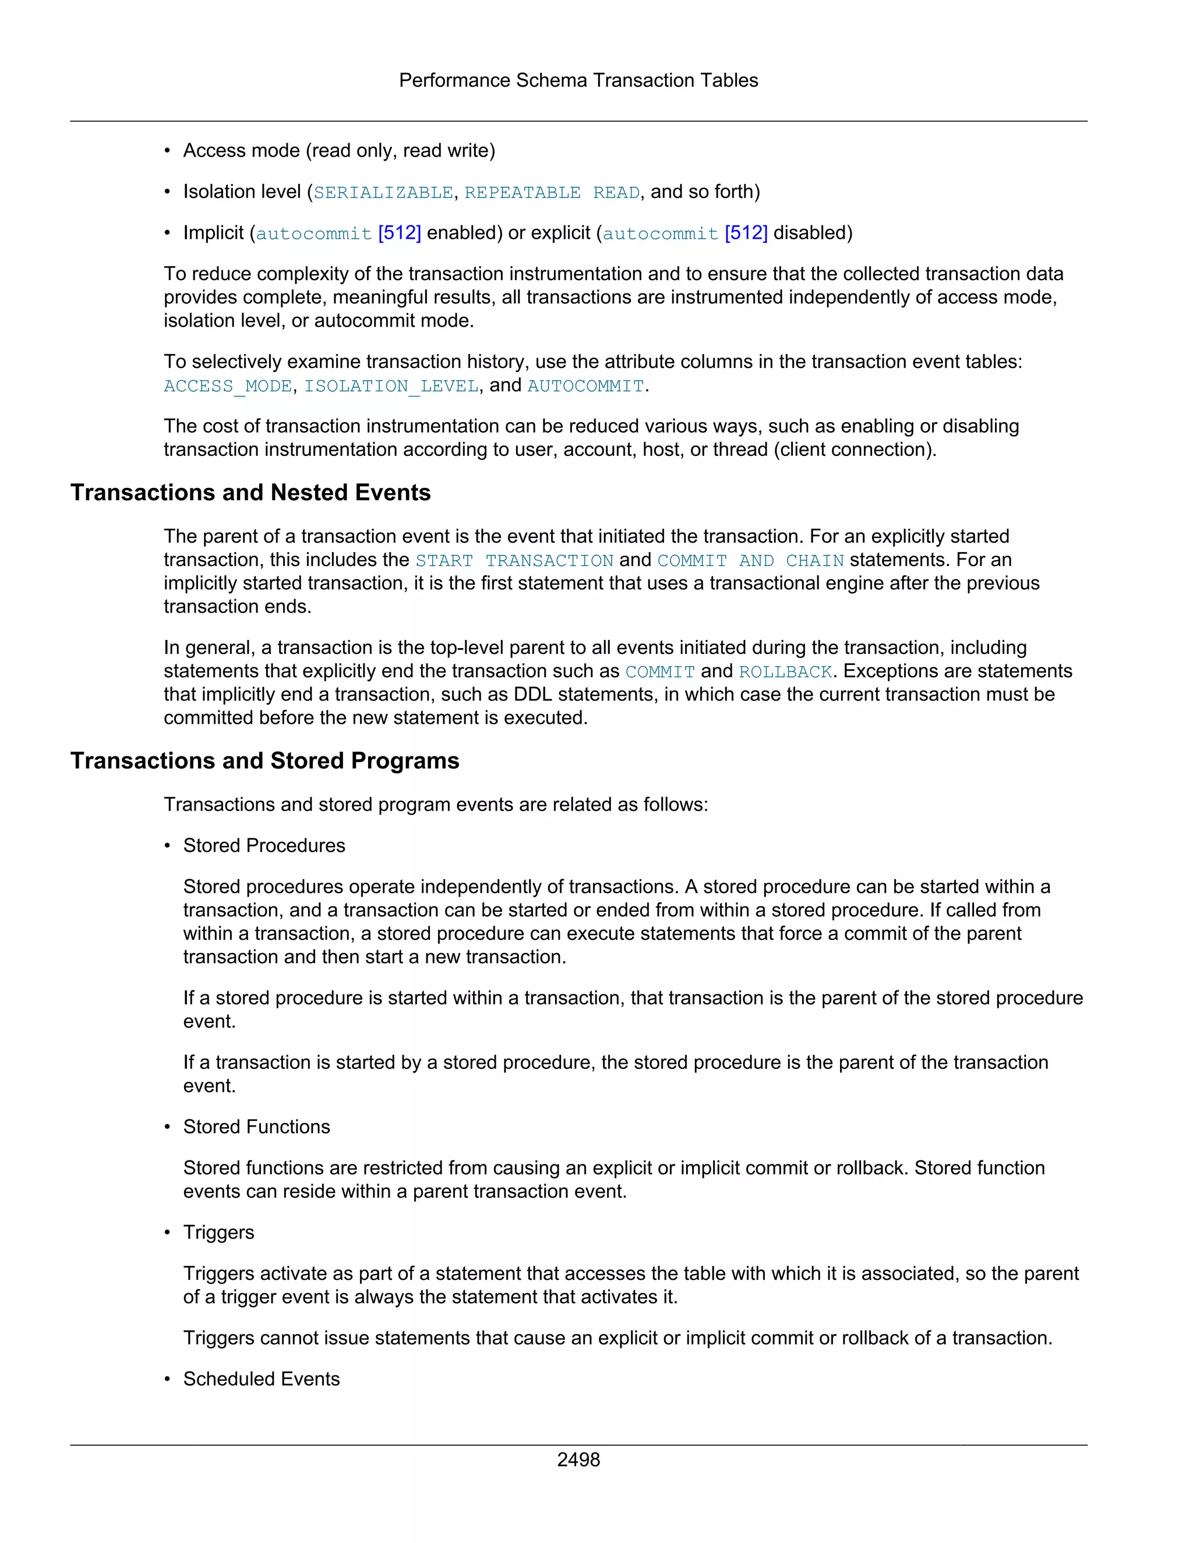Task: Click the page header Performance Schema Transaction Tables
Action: (578, 80)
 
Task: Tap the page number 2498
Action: (578, 1460)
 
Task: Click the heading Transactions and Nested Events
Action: (250, 493)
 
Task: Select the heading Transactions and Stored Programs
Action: (264, 761)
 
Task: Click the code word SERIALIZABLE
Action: (383, 193)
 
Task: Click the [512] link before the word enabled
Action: (399, 233)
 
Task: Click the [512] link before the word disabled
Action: (746, 233)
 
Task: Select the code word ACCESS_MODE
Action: (228, 387)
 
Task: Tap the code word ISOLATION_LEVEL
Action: (391, 387)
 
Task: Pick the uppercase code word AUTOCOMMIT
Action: (586, 387)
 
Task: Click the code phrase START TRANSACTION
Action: (514, 561)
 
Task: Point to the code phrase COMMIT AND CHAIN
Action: (750, 561)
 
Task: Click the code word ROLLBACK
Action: (785, 672)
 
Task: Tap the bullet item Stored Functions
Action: (256, 1127)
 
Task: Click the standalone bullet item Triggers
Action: (218, 1232)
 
